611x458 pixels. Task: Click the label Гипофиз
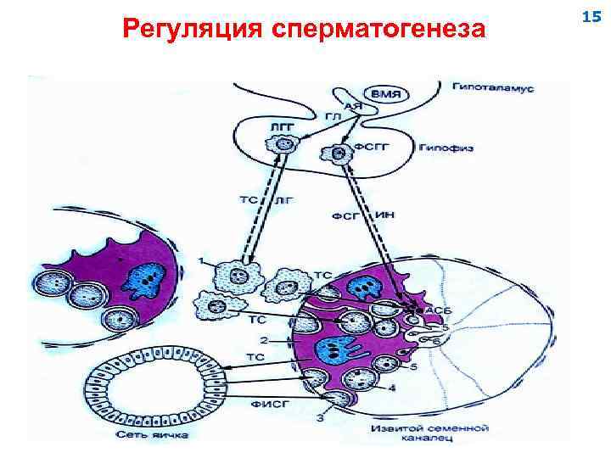(x=445, y=148)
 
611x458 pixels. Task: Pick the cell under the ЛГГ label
(x=285, y=145)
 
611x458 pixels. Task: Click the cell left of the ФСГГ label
(x=337, y=154)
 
